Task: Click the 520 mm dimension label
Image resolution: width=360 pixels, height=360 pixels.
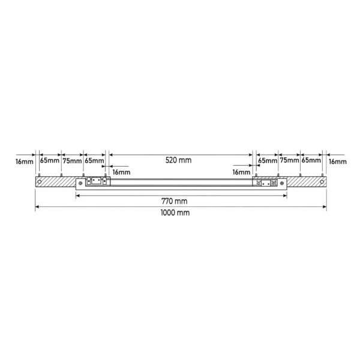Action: [178, 160]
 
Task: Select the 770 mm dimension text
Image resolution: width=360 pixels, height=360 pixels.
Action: [175, 201]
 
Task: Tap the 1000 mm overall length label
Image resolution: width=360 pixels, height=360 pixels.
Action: [175, 212]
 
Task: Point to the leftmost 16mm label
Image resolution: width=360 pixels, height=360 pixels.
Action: [25, 161]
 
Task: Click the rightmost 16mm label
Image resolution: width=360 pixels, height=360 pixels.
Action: [337, 161]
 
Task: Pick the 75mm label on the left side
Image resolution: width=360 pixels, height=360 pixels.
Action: [73, 161]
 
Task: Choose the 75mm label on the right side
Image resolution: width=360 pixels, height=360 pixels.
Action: [289, 160]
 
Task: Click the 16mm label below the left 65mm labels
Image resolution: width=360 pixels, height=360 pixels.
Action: [121, 172]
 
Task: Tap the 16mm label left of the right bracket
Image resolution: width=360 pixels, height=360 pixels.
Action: [241, 172]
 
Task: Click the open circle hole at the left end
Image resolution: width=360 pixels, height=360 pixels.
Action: [40, 182]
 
